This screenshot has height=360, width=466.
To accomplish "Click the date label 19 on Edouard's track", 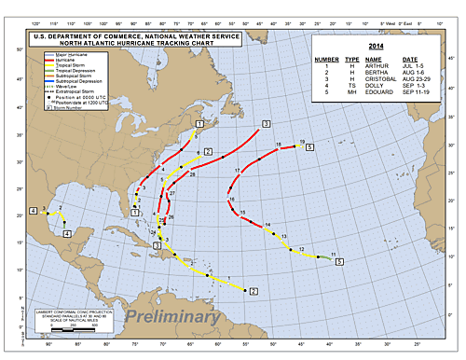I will (x=303, y=142).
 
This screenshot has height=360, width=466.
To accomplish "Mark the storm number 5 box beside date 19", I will (x=310, y=147).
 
